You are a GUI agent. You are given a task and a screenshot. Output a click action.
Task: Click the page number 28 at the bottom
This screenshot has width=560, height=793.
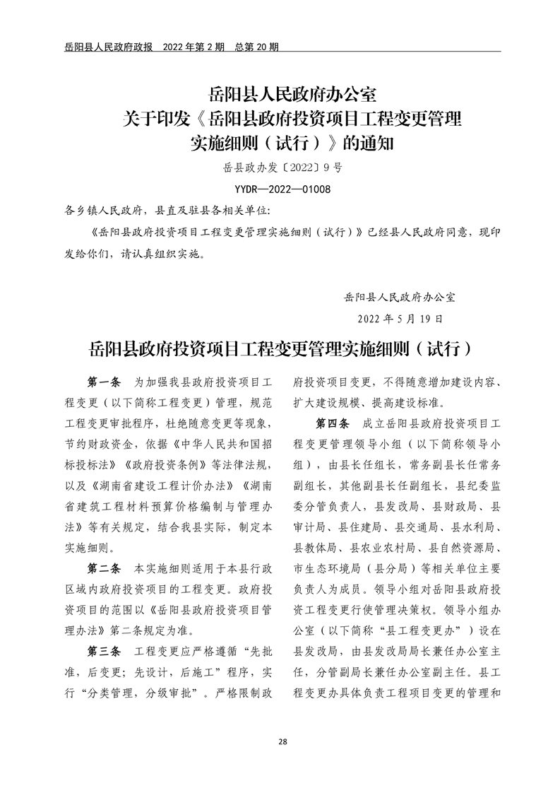282,741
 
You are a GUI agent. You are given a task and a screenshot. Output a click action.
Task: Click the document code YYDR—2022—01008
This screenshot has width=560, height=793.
282,189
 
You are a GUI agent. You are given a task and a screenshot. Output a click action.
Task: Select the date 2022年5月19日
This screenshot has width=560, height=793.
400,318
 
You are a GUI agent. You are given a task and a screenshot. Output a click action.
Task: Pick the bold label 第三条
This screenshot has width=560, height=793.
105,650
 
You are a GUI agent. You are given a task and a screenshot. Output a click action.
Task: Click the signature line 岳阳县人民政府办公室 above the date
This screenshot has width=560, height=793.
399,297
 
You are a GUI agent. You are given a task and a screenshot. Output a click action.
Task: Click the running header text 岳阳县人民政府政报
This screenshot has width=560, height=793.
103,47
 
